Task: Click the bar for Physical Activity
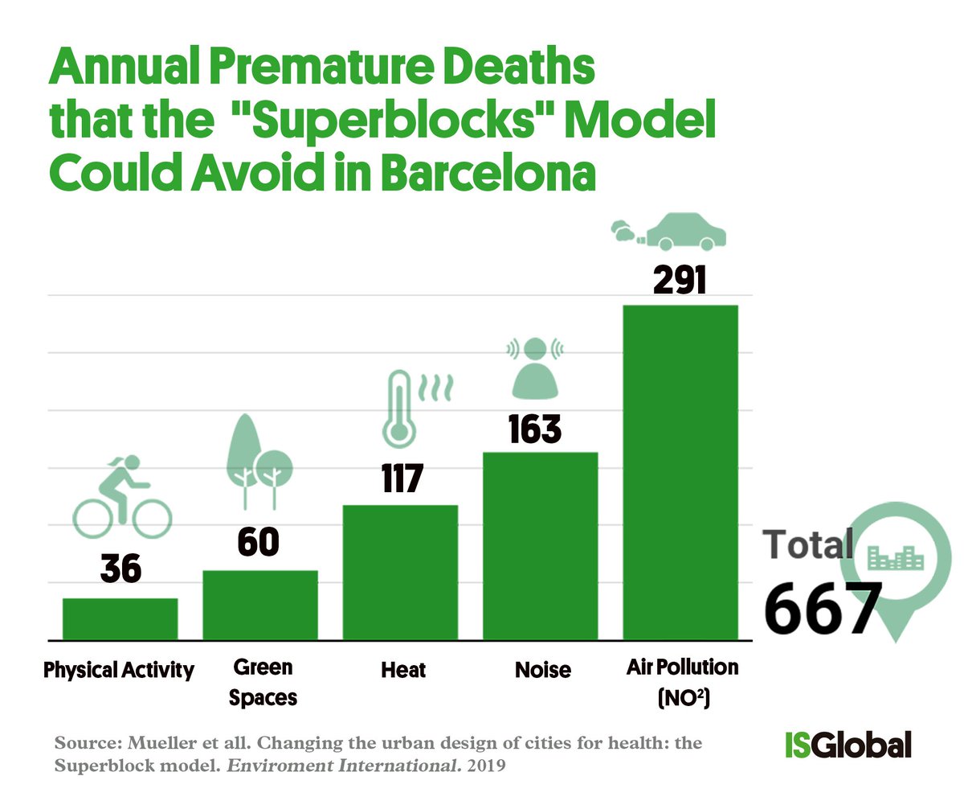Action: click(120, 618)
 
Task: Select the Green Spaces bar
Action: click(260, 605)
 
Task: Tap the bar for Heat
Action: click(400, 572)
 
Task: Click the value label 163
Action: click(535, 429)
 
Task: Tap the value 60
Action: click(258, 543)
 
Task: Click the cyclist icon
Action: click(118, 498)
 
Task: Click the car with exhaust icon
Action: click(669, 232)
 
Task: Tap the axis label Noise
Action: click(542, 670)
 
